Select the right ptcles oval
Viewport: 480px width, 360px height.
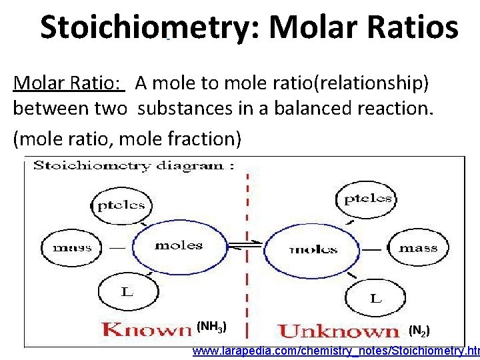(367, 198)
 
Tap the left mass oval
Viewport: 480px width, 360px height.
(72, 247)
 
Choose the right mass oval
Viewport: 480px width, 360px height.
(418, 248)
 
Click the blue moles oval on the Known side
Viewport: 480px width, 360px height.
(178, 246)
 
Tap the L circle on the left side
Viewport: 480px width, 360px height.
(125, 291)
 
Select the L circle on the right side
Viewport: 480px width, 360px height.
(375, 299)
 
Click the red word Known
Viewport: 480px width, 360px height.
(147, 329)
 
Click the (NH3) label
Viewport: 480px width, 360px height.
(213, 327)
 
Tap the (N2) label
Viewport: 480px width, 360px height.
(419, 330)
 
